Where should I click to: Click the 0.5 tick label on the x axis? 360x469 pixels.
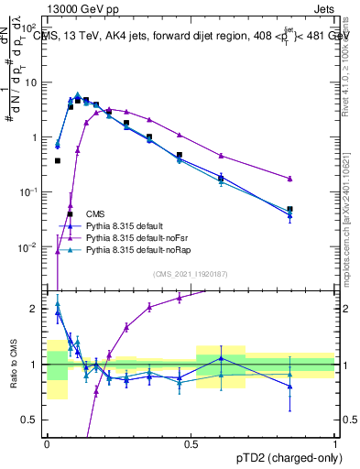click(x=191, y=444)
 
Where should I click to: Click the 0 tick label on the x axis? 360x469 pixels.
click(x=47, y=444)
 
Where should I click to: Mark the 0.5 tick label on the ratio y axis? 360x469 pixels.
click(x=34, y=420)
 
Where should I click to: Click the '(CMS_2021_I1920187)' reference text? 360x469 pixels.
click(x=191, y=274)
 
